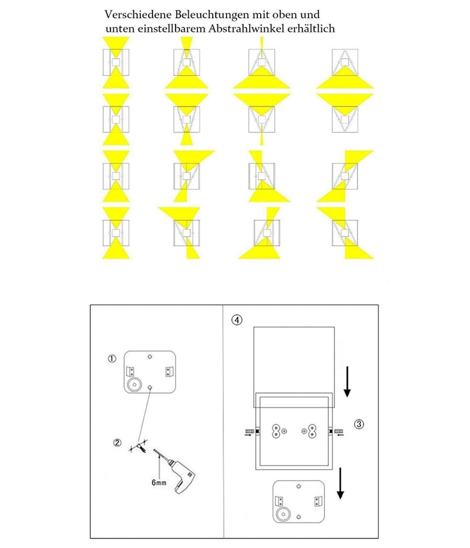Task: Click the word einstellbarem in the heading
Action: coord(169,29)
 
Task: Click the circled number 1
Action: coord(111,359)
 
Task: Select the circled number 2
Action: coord(118,443)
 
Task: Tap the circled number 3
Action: coord(359,424)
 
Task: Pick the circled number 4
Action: coord(237,320)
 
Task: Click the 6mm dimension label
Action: coord(159,483)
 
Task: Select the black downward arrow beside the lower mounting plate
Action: coord(340,483)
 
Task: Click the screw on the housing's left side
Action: coord(249,432)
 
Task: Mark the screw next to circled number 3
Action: coord(338,432)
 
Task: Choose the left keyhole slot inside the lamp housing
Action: coord(276,431)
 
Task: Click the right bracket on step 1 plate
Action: coord(168,372)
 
